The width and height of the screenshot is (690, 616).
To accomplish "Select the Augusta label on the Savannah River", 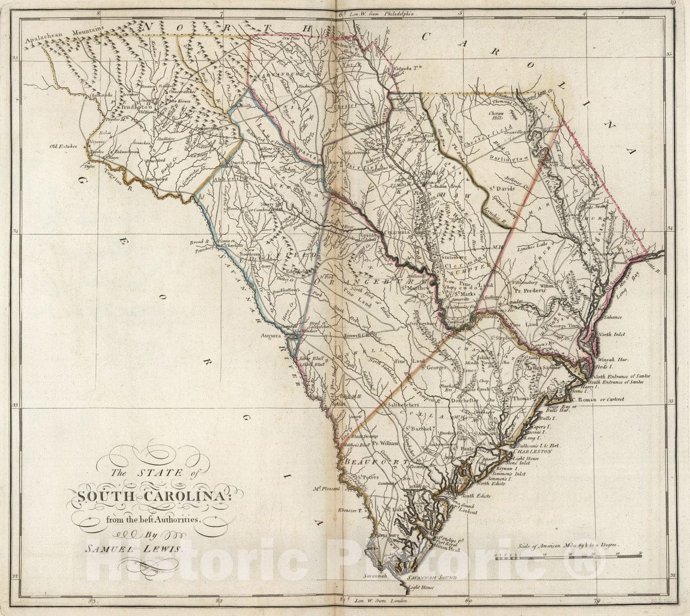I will [271, 334].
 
